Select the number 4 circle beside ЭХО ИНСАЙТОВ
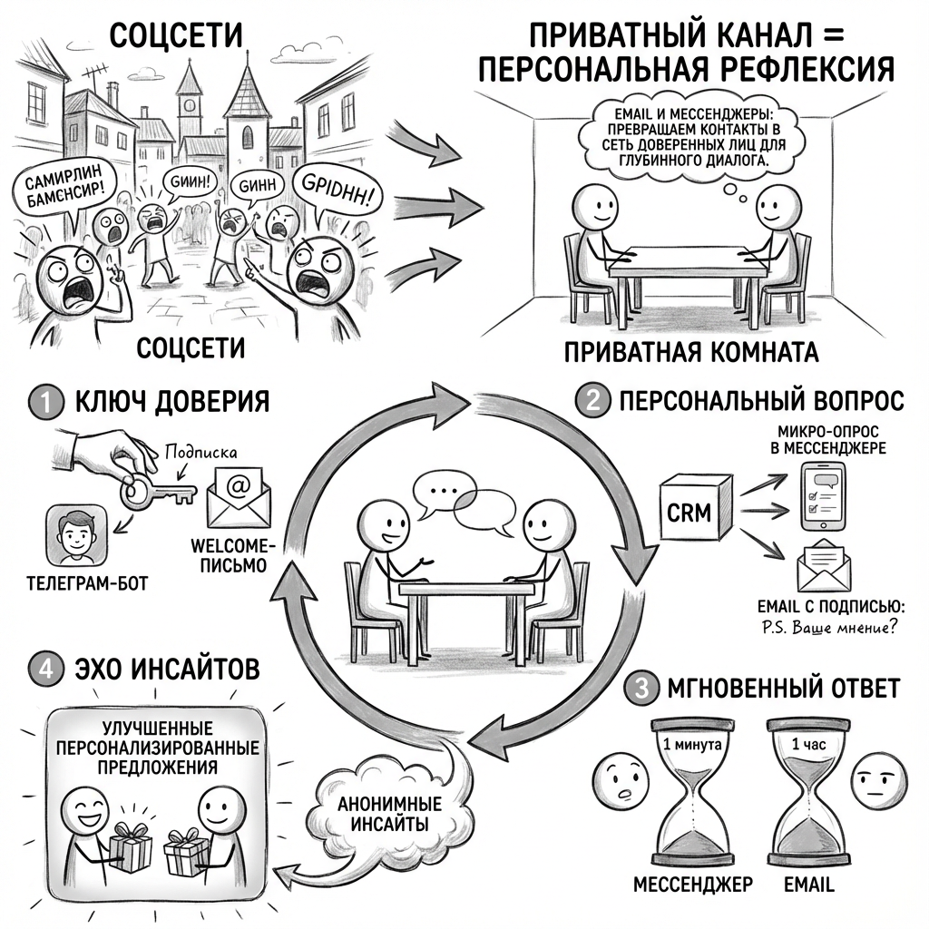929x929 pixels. coord(44,670)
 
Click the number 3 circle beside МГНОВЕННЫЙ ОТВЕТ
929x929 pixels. coord(641,689)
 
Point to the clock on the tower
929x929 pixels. coord(190,103)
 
